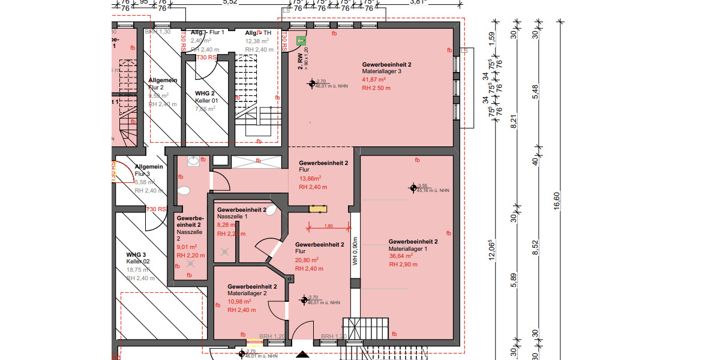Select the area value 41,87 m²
(x=374, y=79)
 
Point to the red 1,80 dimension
(x=328, y=226)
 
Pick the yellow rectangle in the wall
(x=318, y=209)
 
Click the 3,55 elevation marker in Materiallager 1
(x=413, y=188)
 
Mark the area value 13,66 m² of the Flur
(x=310, y=178)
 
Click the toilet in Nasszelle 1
(x=271, y=210)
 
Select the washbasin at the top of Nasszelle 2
(x=193, y=161)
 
